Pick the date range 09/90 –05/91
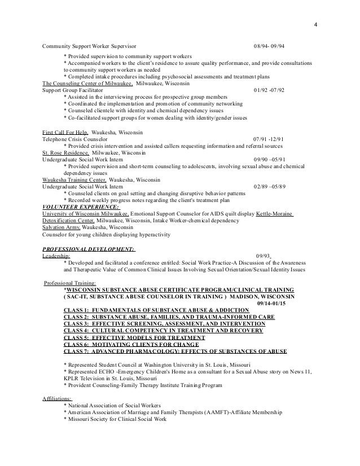click(x=271, y=160)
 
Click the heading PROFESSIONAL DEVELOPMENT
click(x=89, y=249)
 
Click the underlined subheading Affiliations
click(x=58, y=398)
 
